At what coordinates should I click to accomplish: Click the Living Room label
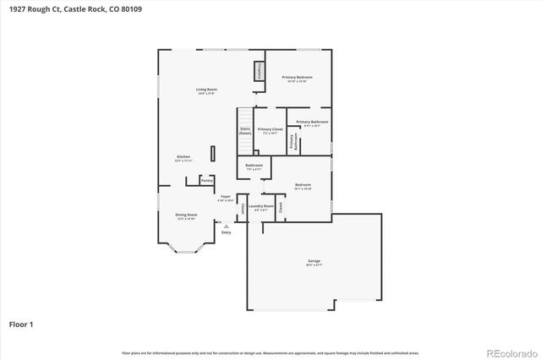click(x=207, y=90)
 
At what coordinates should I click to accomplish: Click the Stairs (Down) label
click(x=245, y=131)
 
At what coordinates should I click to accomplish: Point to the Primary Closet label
click(x=270, y=130)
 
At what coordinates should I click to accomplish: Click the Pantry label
click(x=206, y=180)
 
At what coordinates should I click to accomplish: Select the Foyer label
click(x=226, y=198)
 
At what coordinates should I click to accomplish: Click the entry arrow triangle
click(x=226, y=226)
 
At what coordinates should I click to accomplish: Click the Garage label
click(x=314, y=263)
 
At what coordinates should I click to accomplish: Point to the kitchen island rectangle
click(x=213, y=153)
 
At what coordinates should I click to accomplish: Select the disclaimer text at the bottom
click(x=270, y=352)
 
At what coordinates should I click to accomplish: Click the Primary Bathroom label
click(x=312, y=123)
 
